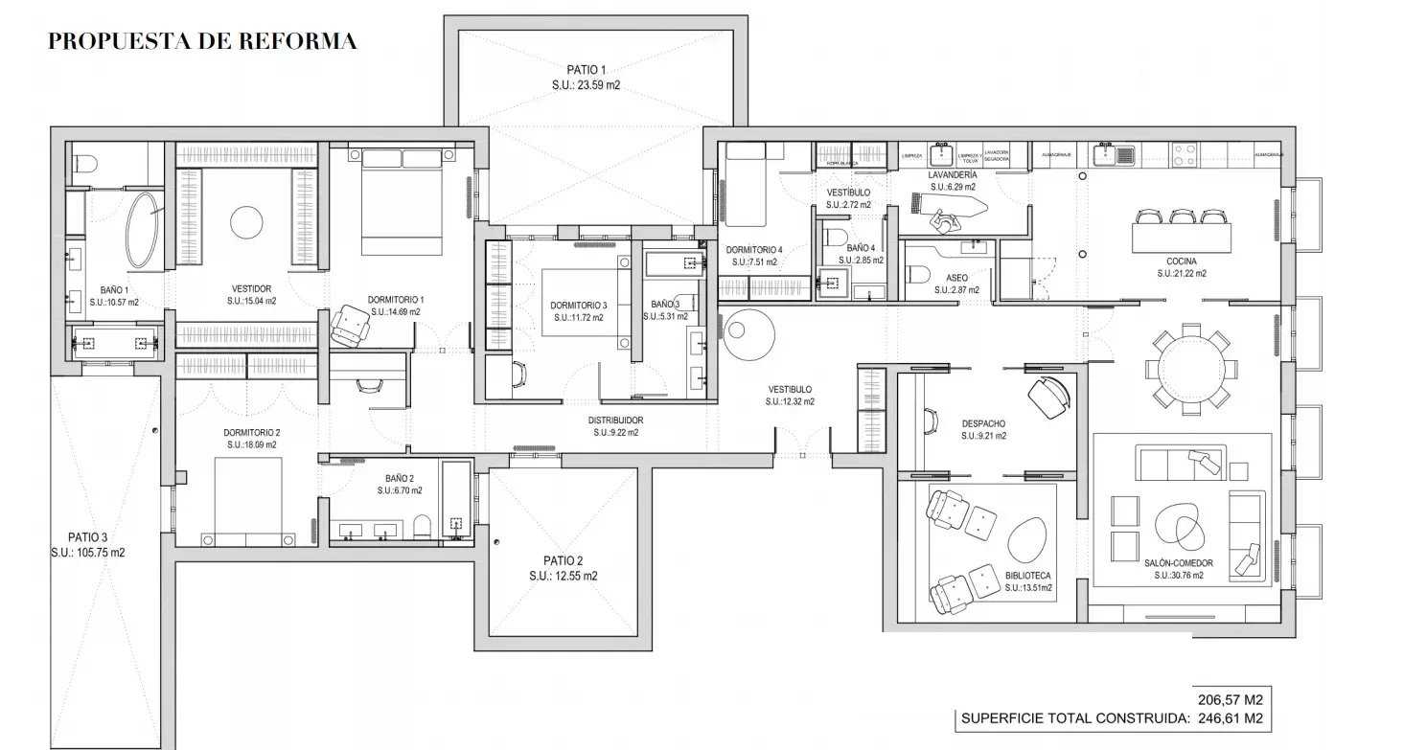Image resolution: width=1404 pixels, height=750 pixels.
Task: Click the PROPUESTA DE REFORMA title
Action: [x=202, y=41]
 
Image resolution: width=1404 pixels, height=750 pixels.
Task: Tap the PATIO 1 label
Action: [x=586, y=70]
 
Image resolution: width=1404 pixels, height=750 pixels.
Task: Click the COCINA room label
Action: [x=1181, y=261]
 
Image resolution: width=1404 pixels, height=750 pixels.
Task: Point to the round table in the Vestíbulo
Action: [x=747, y=330]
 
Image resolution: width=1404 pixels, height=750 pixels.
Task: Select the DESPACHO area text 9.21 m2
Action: [x=984, y=436]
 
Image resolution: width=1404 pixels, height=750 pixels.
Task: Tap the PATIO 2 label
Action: [x=563, y=561]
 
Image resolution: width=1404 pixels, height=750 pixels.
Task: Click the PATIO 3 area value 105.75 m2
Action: [x=88, y=553]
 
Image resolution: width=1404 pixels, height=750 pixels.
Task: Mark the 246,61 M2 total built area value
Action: [x=1230, y=717]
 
